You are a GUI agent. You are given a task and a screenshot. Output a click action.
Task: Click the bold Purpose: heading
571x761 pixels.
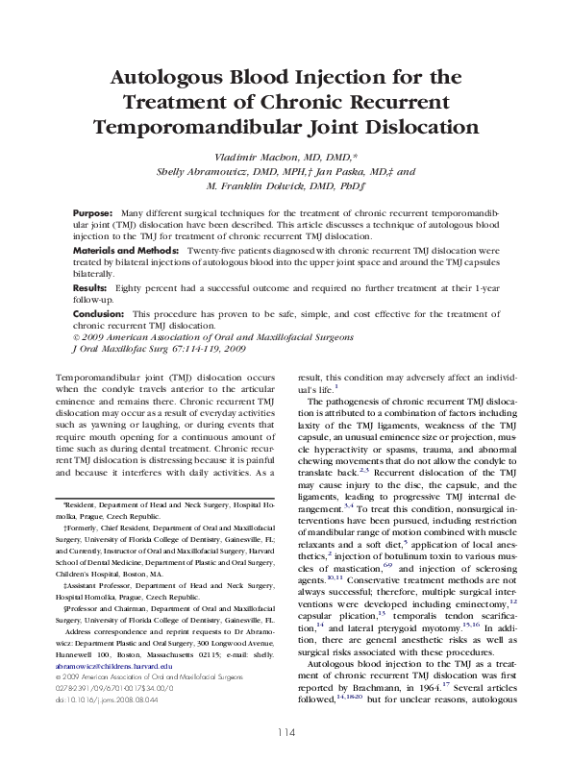pyautogui.click(x=93, y=210)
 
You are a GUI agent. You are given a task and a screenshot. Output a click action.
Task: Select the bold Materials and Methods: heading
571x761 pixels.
pyautogui.click(x=125, y=249)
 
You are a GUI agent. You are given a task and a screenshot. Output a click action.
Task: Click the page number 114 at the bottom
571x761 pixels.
pyautogui.click(x=285, y=732)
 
